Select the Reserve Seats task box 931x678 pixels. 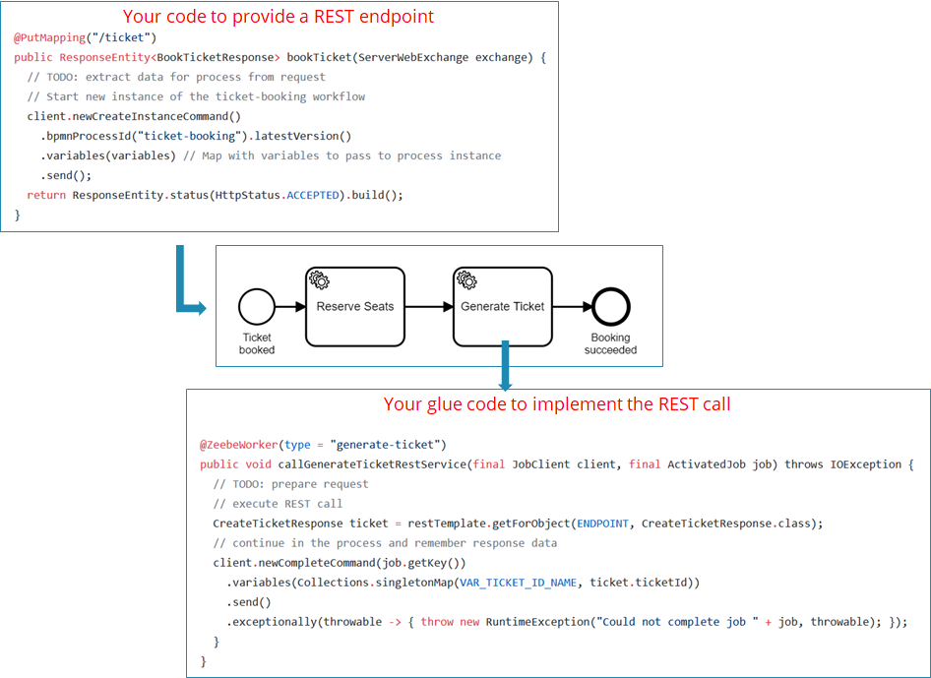354,307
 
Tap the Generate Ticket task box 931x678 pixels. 502,307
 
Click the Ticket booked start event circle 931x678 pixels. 256,307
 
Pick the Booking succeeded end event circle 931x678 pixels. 610,307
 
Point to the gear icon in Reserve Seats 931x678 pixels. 319,279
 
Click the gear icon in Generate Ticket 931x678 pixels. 466,279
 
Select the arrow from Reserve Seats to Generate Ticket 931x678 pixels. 428,307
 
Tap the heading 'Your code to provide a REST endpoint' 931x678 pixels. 279,17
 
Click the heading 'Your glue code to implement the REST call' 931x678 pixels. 557,404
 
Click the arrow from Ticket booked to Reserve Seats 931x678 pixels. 289,307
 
